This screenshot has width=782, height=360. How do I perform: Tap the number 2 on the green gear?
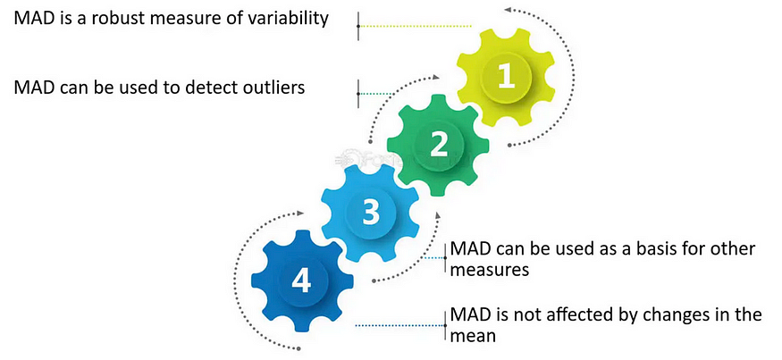pos(438,145)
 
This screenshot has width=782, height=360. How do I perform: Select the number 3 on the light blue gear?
pos(370,213)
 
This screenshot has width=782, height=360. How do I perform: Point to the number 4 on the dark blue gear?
pos(301,282)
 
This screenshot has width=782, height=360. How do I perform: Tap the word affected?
pos(576,316)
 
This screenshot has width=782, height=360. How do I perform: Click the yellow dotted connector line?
pos(411,27)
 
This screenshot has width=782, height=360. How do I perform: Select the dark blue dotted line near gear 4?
pos(399,325)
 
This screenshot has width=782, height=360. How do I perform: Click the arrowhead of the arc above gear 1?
pos(508,10)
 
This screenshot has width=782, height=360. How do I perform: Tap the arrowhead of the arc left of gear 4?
pos(300,214)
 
